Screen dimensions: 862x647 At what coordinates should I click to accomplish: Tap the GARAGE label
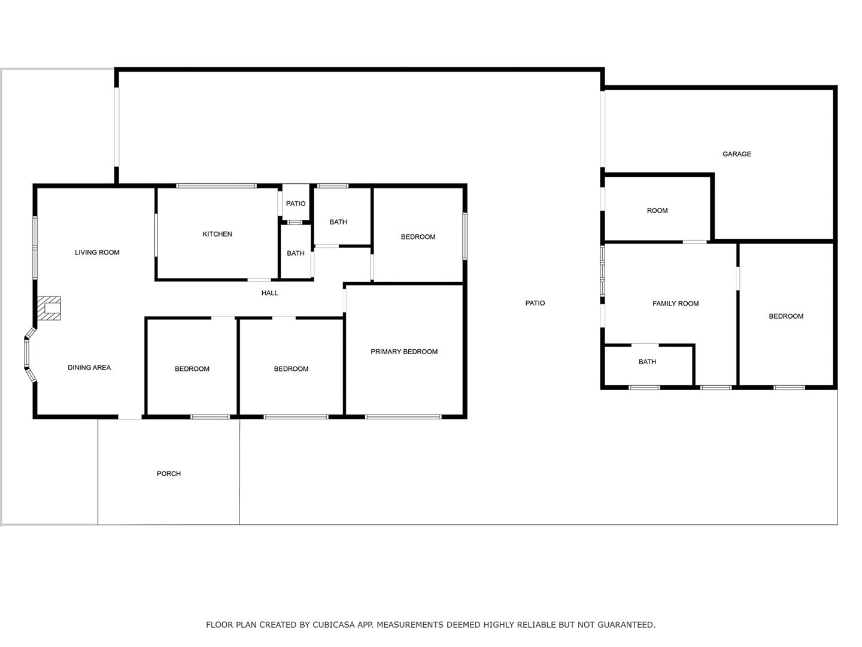tap(736, 154)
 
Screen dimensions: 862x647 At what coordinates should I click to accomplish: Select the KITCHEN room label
tap(217, 234)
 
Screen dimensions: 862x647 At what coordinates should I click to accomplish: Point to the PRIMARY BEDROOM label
tap(403, 352)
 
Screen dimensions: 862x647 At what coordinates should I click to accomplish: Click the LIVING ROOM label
tap(97, 253)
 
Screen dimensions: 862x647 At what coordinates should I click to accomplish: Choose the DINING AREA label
tap(89, 368)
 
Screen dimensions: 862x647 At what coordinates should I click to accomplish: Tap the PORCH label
tap(168, 474)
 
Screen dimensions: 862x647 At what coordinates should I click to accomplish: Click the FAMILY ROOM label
tap(675, 304)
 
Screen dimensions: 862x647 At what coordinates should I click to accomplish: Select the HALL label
tap(269, 293)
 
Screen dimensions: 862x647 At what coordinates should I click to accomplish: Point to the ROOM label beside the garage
tap(657, 210)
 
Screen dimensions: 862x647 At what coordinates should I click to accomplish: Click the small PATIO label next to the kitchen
tap(295, 204)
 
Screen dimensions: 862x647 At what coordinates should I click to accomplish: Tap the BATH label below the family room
tap(646, 362)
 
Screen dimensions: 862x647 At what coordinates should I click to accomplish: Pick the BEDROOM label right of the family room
tap(786, 316)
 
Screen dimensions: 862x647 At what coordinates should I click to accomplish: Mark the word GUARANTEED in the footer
tap(626, 625)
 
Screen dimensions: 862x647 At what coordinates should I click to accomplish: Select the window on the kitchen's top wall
tap(216, 186)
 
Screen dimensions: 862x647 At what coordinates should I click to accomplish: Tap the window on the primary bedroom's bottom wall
tap(403, 417)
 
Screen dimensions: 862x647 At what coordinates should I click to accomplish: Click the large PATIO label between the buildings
tap(535, 303)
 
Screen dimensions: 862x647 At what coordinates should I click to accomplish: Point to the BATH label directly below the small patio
tap(295, 253)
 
